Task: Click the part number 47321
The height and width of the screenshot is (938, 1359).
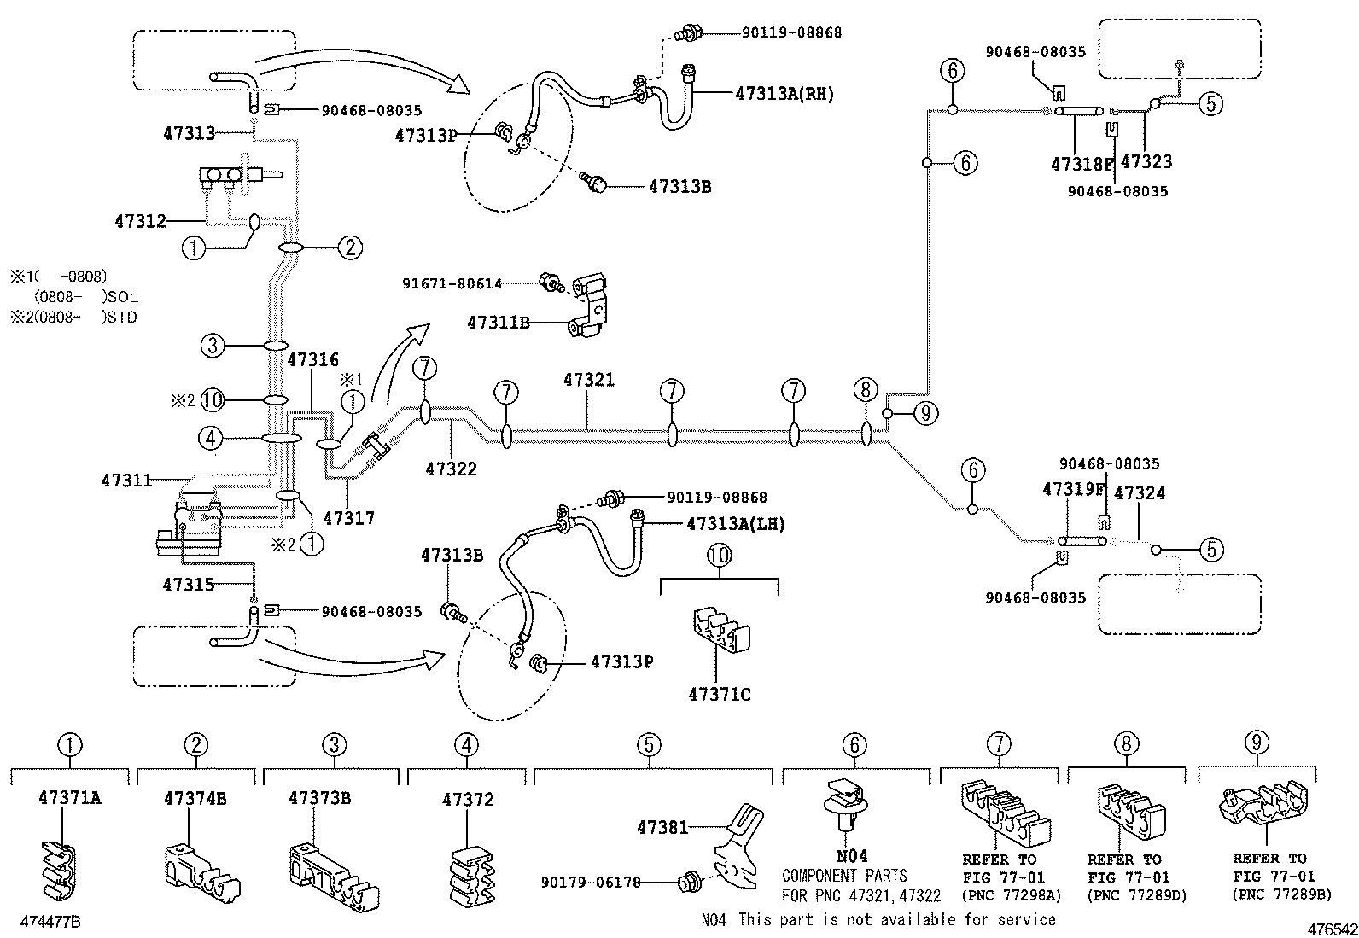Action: coord(588,380)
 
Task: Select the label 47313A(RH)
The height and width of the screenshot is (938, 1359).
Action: coord(784,95)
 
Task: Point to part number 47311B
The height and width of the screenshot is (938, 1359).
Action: coord(499,323)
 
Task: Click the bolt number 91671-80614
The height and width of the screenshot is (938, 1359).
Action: coord(452,283)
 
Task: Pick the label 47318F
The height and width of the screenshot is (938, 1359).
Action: coord(1082,163)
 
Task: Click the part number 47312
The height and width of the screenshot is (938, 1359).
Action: coord(140,222)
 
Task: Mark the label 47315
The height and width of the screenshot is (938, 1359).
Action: coord(188,585)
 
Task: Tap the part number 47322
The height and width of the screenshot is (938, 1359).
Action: coord(451,469)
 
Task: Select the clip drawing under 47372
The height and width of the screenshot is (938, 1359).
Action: coord(469,874)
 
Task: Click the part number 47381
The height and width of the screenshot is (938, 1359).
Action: coord(662,827)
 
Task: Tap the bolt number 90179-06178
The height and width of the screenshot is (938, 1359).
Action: coord(590,883)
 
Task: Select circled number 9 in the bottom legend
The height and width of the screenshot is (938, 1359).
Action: coord(1256,743)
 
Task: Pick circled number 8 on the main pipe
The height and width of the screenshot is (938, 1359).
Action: coord(865,391)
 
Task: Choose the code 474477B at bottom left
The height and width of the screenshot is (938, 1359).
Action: coord(51,922)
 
